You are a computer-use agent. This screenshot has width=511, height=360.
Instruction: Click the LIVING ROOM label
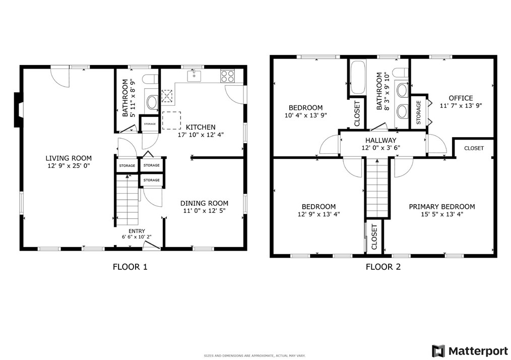coord(69,158)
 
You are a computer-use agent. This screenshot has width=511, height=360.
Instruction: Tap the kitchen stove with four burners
coord(227,76)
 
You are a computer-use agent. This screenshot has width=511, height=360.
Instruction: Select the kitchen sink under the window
coord(194,76)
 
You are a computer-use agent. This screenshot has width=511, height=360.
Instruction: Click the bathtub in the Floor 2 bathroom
coord(357,77)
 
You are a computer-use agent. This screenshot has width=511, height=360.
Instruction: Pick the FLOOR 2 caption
coord(383,267)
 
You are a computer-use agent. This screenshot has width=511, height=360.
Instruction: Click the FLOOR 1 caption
coord(130,267)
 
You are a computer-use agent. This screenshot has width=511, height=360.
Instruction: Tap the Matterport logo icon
coord(438,351)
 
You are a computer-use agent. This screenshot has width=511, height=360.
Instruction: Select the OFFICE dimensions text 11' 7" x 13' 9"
coord(461,106)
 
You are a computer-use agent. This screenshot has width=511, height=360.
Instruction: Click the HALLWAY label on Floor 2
coord(380,141)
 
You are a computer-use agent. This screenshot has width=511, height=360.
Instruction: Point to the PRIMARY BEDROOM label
coord(442,207)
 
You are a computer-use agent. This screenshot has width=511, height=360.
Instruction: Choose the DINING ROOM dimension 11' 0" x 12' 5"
coord(204,211)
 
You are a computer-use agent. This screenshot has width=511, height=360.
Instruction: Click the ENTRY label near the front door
coord(137,231)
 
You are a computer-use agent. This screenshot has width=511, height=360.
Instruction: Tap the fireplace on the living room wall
coord(18,110)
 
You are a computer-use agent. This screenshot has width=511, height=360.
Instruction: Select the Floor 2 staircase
coord(377,188)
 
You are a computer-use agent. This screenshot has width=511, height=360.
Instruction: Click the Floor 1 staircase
coord(127,200)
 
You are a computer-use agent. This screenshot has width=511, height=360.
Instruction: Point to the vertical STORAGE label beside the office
coord(418,112)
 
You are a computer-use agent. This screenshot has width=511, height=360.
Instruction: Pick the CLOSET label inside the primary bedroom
coord(474,148)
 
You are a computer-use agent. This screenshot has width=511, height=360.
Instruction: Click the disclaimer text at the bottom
coord(254,356)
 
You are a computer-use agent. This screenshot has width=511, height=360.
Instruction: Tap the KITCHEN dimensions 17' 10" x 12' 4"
coord(201,135)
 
